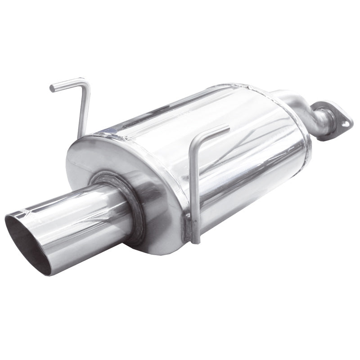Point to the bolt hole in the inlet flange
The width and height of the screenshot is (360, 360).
point(344,121)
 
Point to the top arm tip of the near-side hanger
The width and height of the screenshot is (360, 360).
point(227,127)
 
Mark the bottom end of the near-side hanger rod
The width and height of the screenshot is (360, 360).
point(195,241)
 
